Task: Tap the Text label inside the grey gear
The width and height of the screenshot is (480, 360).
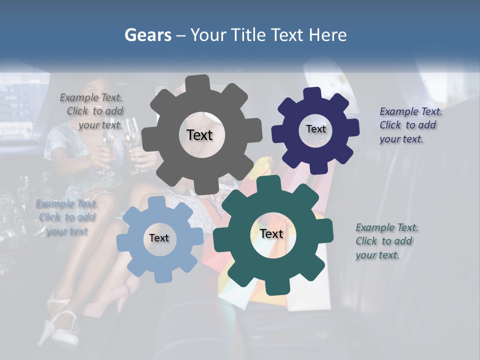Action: coord(199,135)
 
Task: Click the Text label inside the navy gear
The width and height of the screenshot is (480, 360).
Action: coord(315,129)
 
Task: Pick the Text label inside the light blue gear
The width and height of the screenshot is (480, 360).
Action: coord(159,238)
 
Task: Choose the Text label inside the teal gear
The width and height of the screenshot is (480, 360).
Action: coord(271,233)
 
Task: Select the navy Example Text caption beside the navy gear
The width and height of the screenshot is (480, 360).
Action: coord(410,125)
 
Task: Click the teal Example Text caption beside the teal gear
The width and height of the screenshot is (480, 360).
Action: coord(386,241)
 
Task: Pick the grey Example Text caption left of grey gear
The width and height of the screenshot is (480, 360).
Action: coord(93,111)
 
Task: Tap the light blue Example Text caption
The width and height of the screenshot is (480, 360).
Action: coord(66,217)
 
